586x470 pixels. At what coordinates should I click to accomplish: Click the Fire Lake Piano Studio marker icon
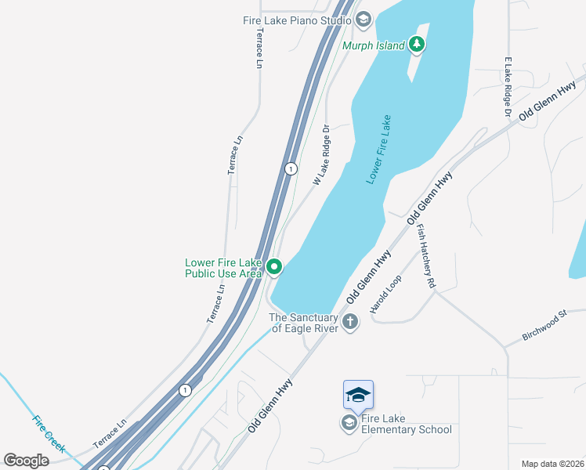tap(363, 19)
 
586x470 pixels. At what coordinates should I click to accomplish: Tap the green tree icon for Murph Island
tap(417, 45)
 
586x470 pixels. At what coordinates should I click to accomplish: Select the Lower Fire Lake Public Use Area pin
tap(274, 268)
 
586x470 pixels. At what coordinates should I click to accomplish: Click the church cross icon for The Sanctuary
tap(349, 321)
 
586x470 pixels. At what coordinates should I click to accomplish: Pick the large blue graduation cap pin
tap(358, 394)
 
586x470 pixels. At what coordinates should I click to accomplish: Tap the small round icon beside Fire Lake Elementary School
tap(349, 423)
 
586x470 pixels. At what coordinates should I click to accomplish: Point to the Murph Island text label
tap(374, 45)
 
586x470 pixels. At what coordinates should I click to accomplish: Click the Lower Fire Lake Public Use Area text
tap(223, 268)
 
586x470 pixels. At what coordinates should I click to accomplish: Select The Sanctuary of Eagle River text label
tap(304, 323)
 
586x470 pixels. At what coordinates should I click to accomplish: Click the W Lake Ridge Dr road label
tap(322, 154)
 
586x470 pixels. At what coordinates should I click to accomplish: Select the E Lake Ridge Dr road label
tap(508, 87)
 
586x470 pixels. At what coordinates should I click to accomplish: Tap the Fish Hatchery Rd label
tap(425, 258)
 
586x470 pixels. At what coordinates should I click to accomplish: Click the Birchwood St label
tap(544, 327)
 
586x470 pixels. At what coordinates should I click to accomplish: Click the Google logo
tap(27, 461)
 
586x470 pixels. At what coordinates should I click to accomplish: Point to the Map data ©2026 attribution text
tap(552, 464)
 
